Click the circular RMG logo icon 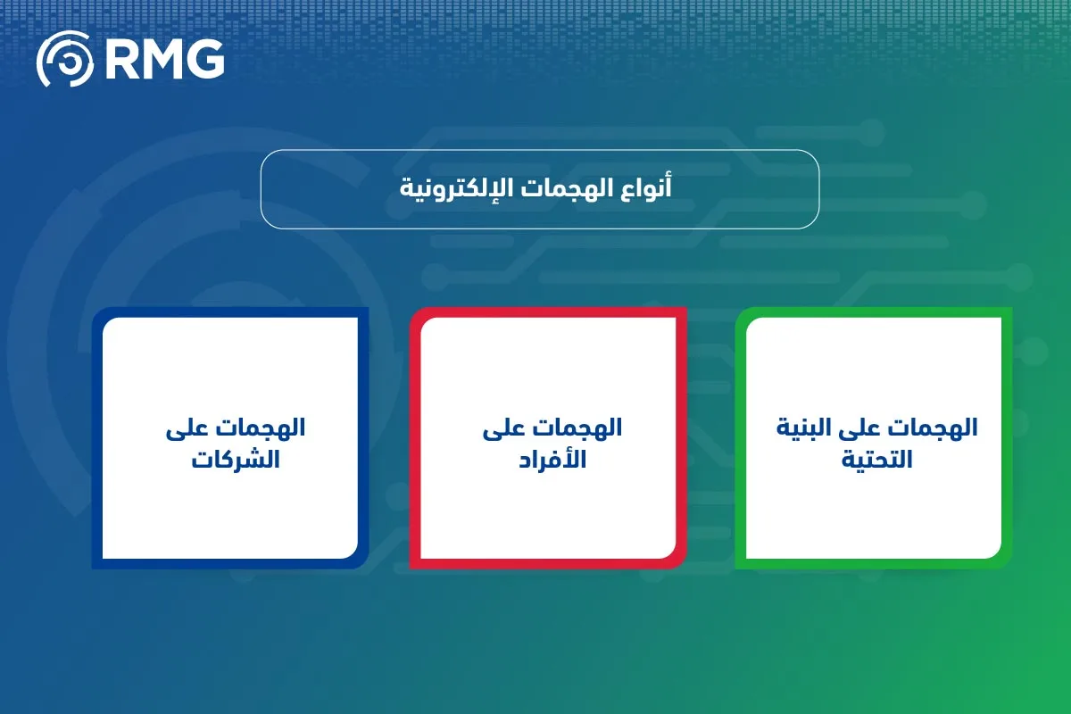pos(64,59)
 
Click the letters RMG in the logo pos(162,60)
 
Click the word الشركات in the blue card pos(237,461)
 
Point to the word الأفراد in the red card pos(552,461)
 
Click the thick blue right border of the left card pos(363,437)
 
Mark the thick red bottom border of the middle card pos(546,563)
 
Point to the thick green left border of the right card pos(740,437)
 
